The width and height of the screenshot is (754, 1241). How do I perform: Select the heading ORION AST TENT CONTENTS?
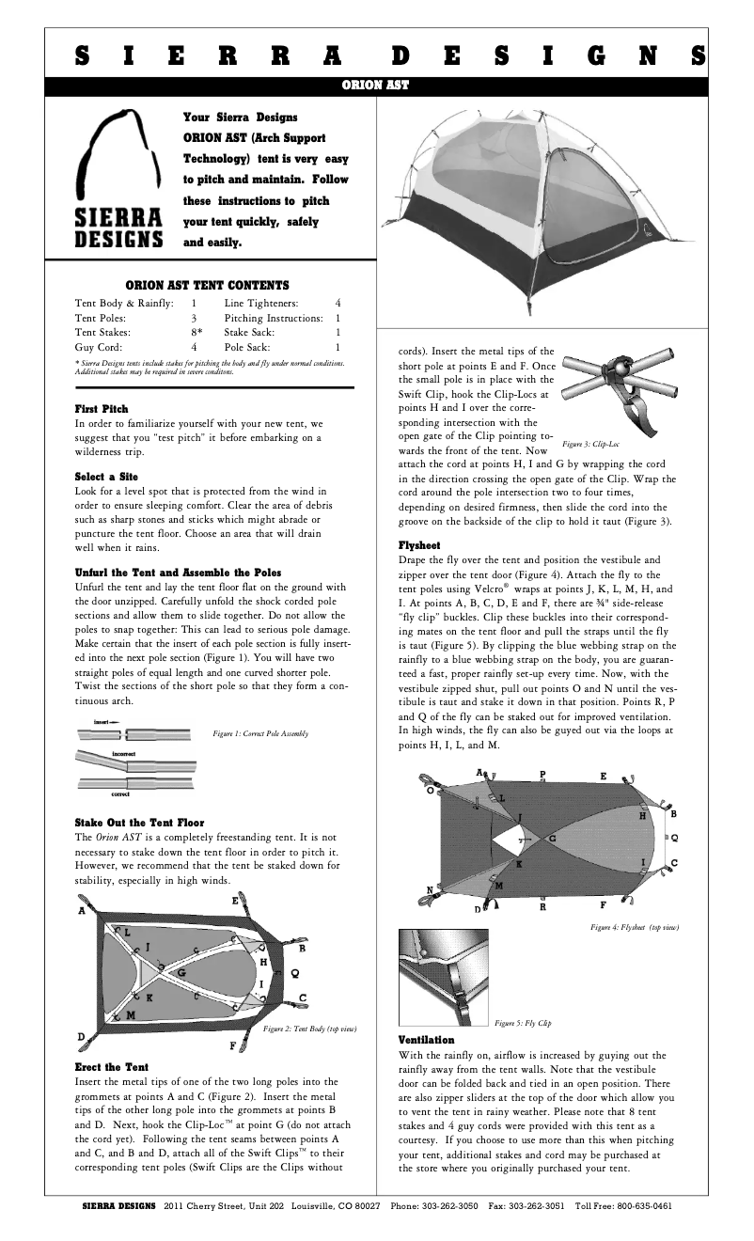[207, 285]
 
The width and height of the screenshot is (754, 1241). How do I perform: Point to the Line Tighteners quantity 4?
[338, 304]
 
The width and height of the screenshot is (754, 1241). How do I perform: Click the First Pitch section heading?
[102, 409]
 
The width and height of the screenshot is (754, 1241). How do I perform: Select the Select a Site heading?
[106, 477]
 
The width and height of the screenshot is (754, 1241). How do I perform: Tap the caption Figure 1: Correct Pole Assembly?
[260, 732]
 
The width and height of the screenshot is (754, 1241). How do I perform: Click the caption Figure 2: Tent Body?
[309, 1029]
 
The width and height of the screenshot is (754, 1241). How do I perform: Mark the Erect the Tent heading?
[111, 1067]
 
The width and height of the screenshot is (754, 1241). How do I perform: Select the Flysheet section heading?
[419, 544]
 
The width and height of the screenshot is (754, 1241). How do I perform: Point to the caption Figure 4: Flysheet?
[634, 927]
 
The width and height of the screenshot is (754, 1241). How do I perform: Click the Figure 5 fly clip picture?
[443, 979]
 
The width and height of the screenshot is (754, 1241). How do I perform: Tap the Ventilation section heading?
[426, 1040]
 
